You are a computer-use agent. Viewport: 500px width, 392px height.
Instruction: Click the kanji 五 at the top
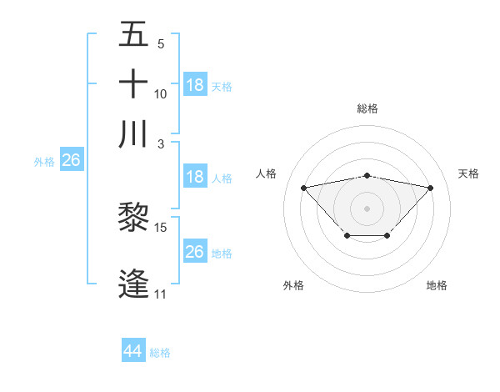(133, 36)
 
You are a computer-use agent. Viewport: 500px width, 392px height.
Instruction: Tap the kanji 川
(133, 134)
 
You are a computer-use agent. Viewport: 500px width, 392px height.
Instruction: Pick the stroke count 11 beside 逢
(160, 294)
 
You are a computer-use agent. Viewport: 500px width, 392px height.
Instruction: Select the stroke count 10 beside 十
(161, 93)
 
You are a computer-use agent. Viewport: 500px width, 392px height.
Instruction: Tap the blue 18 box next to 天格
(194, 85)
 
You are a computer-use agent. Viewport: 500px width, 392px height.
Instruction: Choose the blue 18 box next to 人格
(194, 177)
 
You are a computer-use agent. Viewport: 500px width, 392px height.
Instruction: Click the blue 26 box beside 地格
(194, 252)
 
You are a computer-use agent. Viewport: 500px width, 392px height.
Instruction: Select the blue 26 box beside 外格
(71, 161)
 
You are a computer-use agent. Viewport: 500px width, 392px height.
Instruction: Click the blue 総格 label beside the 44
(160, 353)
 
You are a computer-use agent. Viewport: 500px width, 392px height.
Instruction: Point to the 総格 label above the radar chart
(367, 108)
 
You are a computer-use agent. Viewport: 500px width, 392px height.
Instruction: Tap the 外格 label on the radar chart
(293, 285)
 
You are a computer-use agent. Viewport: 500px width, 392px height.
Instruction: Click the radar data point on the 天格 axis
(430, 188)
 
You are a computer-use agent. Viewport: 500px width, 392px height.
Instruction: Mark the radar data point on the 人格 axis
(303, 187)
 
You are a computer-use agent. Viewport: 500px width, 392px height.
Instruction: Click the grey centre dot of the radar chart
(367, 208)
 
